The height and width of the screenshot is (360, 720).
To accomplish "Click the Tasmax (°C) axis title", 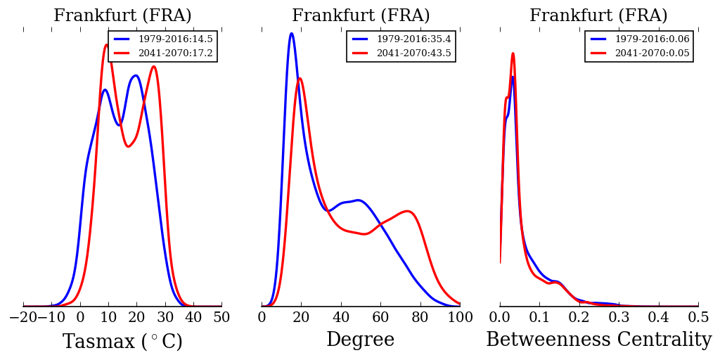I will tap(122, 342).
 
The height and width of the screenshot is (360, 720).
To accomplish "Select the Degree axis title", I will tap(360, 340).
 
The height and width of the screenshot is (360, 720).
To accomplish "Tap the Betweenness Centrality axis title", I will tap(598, 340).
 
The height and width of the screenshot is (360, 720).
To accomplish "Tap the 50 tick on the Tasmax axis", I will tap(221, 318).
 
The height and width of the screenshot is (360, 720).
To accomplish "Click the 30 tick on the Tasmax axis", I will tap(165, 318).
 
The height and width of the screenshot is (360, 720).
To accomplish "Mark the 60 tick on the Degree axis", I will tap(380, 318).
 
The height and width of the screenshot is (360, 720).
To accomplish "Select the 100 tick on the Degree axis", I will tap(460, 318).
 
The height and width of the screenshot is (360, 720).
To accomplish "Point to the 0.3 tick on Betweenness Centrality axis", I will tap(619, 318).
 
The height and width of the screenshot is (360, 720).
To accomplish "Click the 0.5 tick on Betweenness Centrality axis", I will tap(698, 318).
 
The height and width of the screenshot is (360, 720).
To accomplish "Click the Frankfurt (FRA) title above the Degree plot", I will tap(361, 16).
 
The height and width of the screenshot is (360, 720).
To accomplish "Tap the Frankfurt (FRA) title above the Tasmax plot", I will tap(122, 16).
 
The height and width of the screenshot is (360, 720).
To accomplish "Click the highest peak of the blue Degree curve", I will tap(291, 33).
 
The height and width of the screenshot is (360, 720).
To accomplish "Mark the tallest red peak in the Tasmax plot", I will tap(106, 45).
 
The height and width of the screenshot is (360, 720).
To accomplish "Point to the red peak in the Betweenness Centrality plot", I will tap(513, 53).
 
